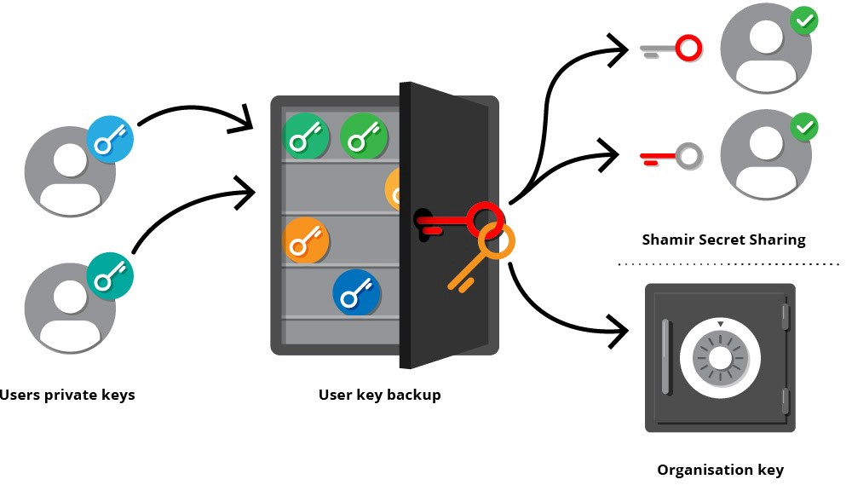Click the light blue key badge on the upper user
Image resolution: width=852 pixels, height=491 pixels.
111,140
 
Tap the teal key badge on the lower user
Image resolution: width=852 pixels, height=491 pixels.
111,274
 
